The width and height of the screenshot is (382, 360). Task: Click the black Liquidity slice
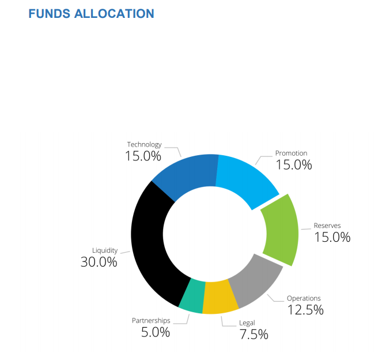(x=149, y=242)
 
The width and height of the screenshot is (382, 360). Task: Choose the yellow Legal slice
(x=220, y=297)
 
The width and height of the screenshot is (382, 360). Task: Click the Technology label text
(x=144, y=145)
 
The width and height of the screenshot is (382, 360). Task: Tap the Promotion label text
(x=291, y=153)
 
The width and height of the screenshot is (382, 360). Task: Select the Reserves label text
(x=327, y=225)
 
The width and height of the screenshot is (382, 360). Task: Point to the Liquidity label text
(x=105, y=250)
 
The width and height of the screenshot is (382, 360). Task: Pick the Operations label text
(x=304, y=298)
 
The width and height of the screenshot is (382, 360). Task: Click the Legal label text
(x=246, y=322)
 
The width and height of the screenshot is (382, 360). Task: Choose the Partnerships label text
(x=152, y=320)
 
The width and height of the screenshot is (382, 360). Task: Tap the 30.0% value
(x=99, y=262)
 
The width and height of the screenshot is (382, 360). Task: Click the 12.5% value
(x=305, y=310)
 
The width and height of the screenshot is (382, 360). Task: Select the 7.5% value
(x=254, y=335)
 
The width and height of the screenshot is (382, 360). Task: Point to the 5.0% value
(x=156, y=332)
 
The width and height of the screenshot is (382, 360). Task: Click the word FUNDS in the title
(x=50, y=13)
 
